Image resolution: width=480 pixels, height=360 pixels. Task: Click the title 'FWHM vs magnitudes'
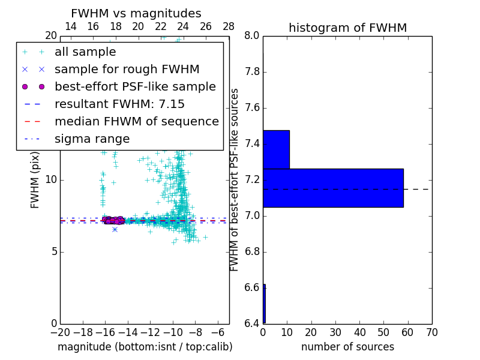[x=136, y=13]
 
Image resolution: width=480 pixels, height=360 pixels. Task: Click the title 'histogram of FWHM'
[x=347, y=28]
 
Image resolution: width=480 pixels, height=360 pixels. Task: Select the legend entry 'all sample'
[x=85, y=52]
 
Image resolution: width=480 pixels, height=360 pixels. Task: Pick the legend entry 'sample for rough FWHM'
[x=127, y=70]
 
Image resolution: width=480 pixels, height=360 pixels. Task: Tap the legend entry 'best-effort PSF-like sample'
[x=135, y=86]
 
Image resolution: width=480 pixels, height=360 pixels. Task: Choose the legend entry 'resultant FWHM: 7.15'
[x=119, y=104]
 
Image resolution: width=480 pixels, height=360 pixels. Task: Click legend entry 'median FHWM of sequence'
[x=136, y=121]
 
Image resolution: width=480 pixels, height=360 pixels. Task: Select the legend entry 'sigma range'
[x=92, y=139]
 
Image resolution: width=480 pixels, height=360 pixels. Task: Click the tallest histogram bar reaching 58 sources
[x=333, y=188]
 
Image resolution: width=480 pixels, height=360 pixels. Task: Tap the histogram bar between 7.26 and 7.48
[x=276, y=149]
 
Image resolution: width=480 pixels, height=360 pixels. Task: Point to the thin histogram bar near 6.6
[x=264, y=304]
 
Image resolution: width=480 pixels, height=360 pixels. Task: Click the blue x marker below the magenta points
[x=115, y=229]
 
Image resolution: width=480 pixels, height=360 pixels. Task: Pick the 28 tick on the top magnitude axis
[x=229, y=26]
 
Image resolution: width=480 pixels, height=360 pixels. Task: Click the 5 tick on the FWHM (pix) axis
[x=53, y=251]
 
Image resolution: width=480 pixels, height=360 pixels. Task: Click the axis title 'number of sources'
[x=347, y=347]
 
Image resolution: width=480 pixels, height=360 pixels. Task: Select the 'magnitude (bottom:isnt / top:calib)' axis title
[x=145, y=347]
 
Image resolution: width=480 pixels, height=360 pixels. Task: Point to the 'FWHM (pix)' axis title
[x=35, y=179]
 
